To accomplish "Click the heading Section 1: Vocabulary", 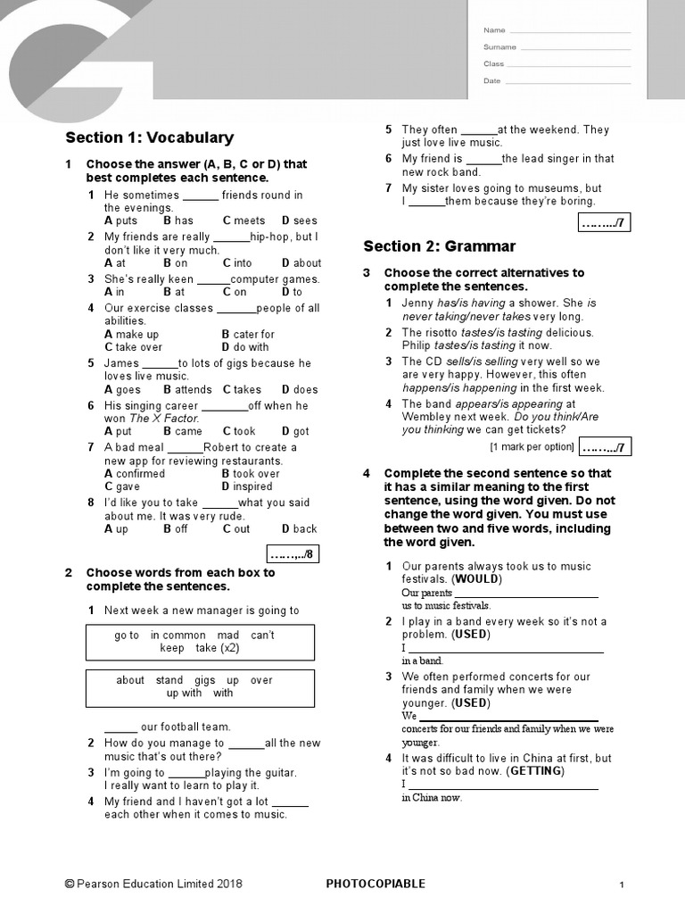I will (x=149, y=137).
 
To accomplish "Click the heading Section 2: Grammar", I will (x=439, y=246).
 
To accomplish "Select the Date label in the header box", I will (x=491, y=81).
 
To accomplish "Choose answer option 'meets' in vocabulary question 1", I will (x=249, y=220).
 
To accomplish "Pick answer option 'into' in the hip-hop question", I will (x=243, y=263).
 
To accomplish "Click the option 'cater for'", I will (x=253, y=335).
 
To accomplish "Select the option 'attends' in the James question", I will (x=193, y=390).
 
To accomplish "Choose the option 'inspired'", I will (x=252, y=487).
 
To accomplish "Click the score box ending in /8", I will (x=293, y=554).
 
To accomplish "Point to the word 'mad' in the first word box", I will (x=227, y=636).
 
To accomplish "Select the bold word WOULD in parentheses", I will (x=477, y=579).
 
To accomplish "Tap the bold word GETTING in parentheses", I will (x=535, y=771).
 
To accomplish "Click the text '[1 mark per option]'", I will (x=532, y=446).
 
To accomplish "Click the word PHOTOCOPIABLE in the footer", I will (x=376, y=885).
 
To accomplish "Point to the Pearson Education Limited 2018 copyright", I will (x=153, y=885).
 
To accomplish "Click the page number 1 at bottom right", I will (x=622, y=885).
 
